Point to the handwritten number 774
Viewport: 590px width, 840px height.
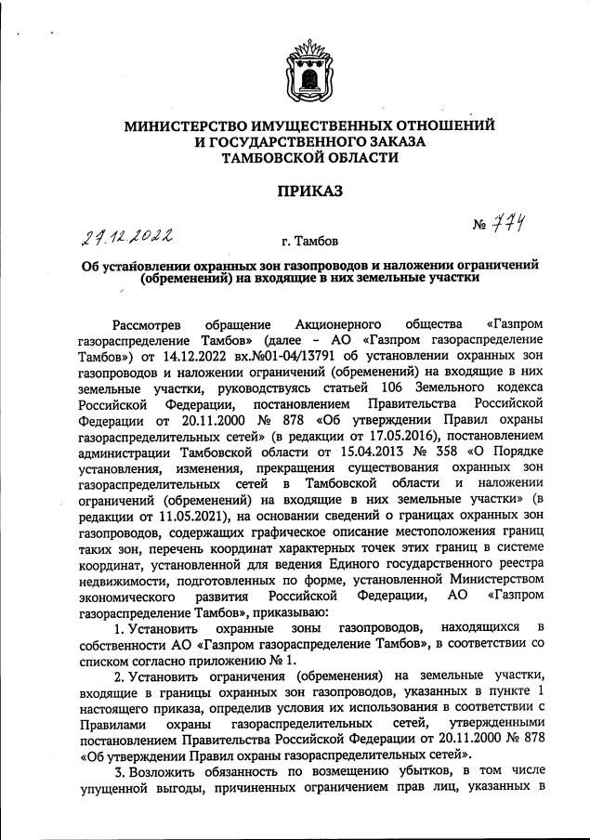507,224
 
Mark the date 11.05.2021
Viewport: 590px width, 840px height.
198,519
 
